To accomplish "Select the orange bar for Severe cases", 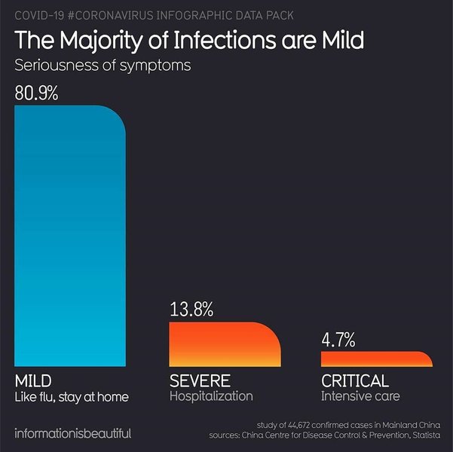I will tap(224, 344).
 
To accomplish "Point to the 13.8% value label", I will tap(191, 309).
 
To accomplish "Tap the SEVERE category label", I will tap(200, 380).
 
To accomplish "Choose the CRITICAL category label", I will tap(355, 380).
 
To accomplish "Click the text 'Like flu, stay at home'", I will tap(72, 396).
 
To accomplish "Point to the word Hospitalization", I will tap(211, 396).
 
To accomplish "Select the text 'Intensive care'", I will tap(360, 396).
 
